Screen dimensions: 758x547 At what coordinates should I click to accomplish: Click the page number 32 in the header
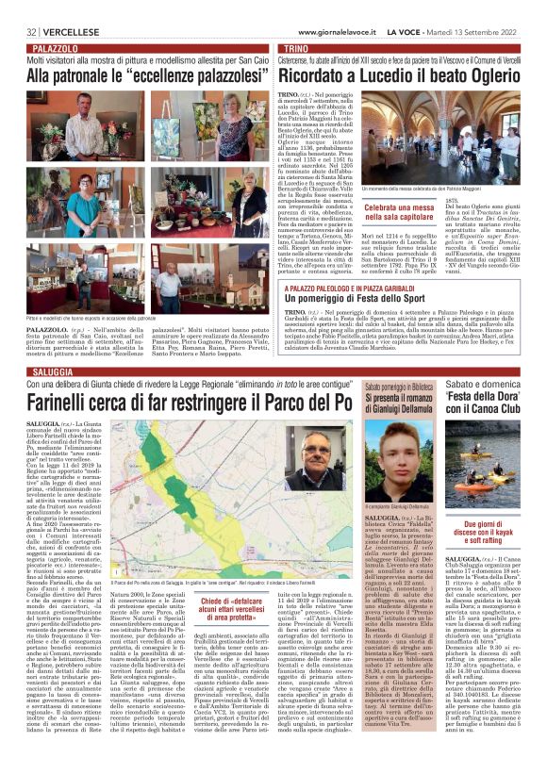click(19, 8)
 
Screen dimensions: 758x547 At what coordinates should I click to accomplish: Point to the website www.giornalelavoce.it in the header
click(317, 8)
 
